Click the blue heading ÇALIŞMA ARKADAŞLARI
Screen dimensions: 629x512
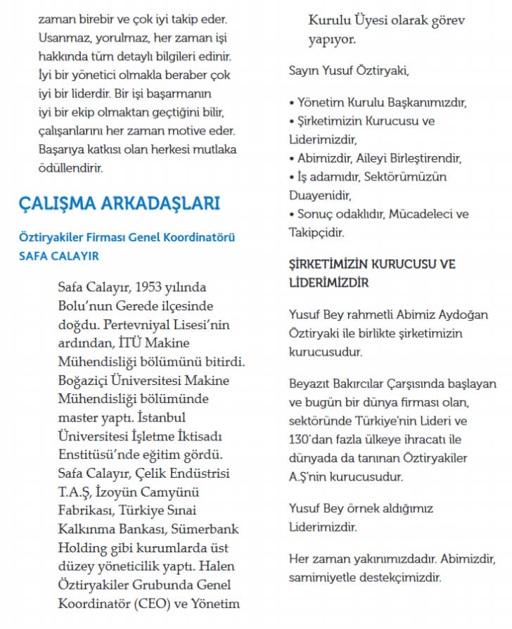tap(119, 204)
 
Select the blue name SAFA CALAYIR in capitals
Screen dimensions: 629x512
tap(59, 255)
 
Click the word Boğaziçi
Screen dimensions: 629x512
tap(87, 380)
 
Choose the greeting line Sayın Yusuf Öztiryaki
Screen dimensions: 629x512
tap(349, 70)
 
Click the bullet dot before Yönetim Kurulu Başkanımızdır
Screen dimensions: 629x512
tap(292, 103)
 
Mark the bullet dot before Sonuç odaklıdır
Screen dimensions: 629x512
tap(292, 214)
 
